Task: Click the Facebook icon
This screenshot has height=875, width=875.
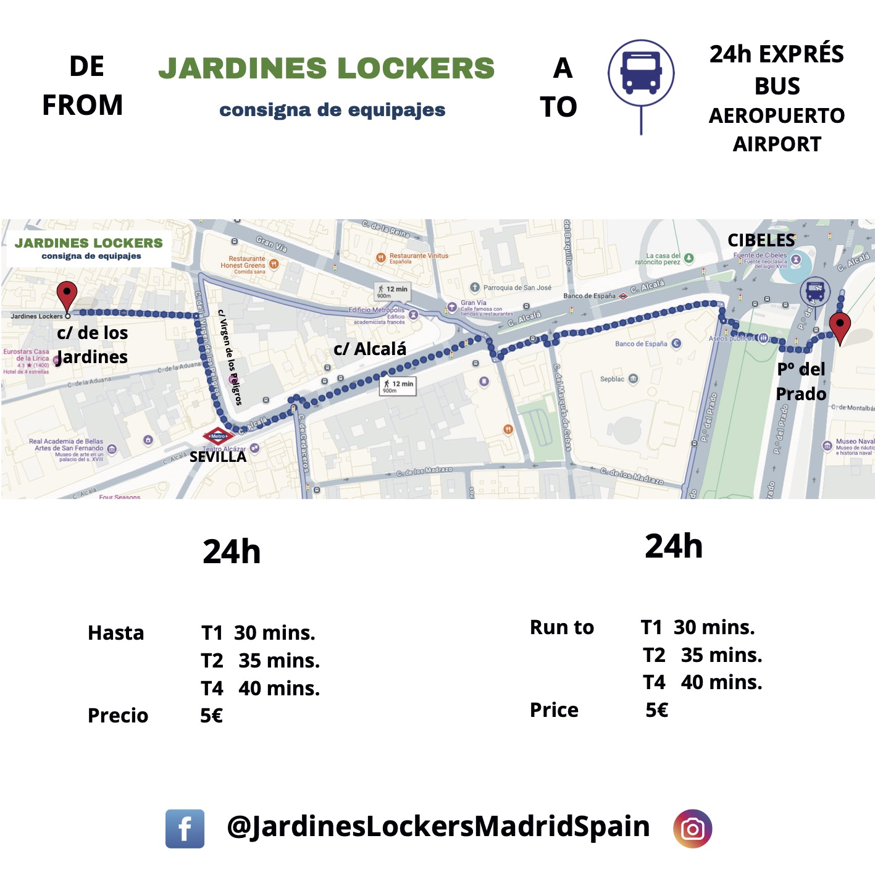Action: click(185, 828)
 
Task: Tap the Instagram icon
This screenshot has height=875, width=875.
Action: click(692, 828)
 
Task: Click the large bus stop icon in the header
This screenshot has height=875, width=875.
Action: click(641, 73)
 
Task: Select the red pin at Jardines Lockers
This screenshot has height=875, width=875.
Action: click(67, 295)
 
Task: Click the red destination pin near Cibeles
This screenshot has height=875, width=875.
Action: click(840, 326)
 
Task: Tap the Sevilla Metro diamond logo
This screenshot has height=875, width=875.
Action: click(218, 436)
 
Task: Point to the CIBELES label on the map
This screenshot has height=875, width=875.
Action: click(761, 240)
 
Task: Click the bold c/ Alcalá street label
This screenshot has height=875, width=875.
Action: click(370, 349)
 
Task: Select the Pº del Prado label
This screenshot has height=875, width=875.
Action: click(801, 381)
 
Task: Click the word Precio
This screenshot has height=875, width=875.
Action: click(118, 715)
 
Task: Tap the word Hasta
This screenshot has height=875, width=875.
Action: click(115, 633)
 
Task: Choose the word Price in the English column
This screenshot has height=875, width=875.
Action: click(554, 710)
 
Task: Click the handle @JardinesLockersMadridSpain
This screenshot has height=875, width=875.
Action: click(438, 826)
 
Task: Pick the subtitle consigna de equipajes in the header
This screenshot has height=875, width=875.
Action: click(332, 110)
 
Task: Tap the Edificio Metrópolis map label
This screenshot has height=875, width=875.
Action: click(377, 310)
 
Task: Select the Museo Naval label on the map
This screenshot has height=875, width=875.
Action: click(855, 442)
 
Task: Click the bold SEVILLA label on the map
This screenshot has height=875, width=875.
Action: click(217, 457)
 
